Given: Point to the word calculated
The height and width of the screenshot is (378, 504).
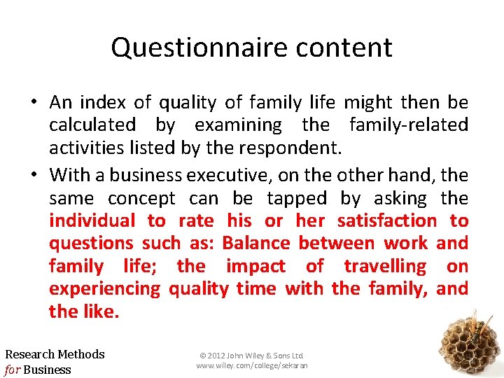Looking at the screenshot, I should [92, 125].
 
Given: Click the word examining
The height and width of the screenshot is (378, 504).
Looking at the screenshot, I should [238, 125].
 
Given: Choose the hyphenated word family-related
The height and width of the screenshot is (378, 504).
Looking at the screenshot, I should [408, 125].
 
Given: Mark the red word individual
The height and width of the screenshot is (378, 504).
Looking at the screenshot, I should [92, 220].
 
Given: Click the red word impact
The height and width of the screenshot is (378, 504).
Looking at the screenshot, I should [255, 266].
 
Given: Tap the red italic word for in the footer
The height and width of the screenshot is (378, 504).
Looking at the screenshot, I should [13, 370].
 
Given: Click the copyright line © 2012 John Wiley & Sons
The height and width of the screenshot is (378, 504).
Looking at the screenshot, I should [251, 356].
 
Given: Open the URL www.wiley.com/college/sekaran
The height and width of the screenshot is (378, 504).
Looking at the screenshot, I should [251, 365].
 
